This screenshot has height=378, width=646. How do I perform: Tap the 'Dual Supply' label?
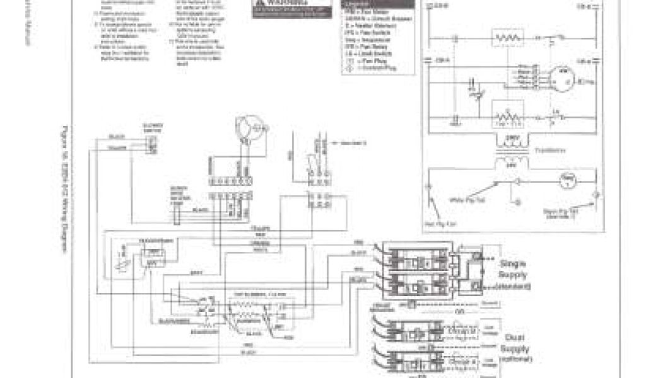pos(517,343)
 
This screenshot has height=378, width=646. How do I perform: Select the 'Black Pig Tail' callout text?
pos(560,214)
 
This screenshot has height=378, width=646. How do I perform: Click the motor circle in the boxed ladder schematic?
pos(558,76)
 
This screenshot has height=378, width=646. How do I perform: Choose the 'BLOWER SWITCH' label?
pos(152,127)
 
